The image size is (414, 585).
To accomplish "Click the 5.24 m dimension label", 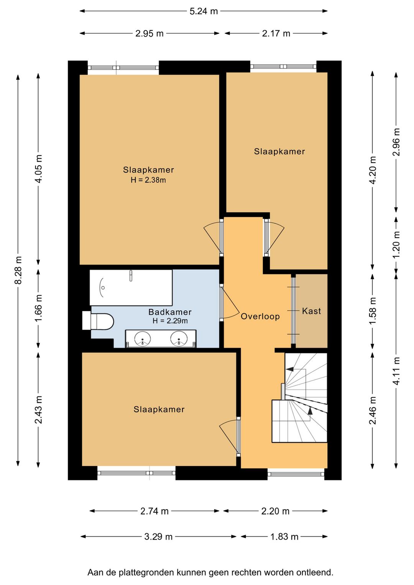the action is pyautogui.click(x=204, y=11).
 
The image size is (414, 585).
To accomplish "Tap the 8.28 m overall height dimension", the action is pyautogui.click(x=18, y=270).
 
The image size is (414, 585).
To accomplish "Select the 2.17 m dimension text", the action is pyautogui.click(x=276, y=33).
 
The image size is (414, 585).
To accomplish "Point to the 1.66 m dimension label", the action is pyautogui.click(x=39, y=308).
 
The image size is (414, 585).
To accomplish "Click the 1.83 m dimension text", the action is pyautogui.click(x=284, y=537).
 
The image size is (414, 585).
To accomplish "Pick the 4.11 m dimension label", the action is pyautogui.click(x=396, y=371).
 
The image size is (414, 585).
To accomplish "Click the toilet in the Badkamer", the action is pyautogui.click(x=98, y=320).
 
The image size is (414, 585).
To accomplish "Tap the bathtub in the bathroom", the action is pyautogui.click(x=131, y=287).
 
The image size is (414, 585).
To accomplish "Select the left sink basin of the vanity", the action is pyautogui.click(x=142, y=339).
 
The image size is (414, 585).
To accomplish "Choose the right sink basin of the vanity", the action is pyautogui.click(x=179, y=339).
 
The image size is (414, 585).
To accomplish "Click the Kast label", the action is pyautogui.click(x=311, y=311).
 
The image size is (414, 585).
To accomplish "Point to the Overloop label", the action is pyautogui.click(x=260, y=317).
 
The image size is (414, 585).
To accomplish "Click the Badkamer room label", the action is pyautogui.click(x=170, y=312).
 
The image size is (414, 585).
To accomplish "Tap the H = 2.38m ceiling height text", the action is pyautogui.click(x=148, y=180).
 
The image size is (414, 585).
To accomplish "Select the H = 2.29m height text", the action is pyautogui.click(x=170, y=321).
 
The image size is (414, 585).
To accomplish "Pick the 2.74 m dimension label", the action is pyautogui.click(x=154, y=511).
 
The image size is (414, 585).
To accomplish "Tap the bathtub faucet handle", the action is pyautogui.click(x=131, y=276).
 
